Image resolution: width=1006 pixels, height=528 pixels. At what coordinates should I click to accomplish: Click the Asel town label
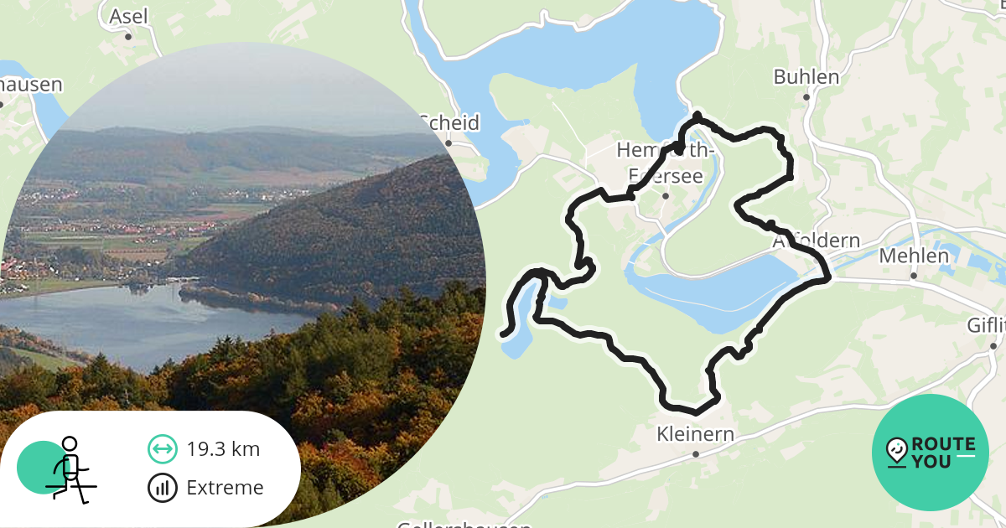[x=128, y=16]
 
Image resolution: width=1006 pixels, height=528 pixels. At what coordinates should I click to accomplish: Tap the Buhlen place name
[x=806, y=77]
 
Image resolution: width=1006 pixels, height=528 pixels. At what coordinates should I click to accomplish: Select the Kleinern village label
[x=696, y=434]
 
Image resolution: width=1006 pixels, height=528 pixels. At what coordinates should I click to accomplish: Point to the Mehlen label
[x=914, y=256]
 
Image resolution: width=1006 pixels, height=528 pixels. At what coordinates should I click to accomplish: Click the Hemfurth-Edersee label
[x=665, y=161]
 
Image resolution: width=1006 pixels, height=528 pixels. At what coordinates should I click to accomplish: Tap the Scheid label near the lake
[x=449, y=123]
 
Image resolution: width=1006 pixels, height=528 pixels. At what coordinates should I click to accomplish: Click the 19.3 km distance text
[x=223, y=449]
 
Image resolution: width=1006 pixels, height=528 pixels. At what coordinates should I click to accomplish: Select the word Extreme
[x=225, y=488]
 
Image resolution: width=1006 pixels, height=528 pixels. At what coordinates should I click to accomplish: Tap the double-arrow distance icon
[x=162, y=449]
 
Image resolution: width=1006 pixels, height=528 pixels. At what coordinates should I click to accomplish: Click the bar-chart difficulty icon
[x=162, y=487]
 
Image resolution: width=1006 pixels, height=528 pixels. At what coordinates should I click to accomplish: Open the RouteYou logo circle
[x=931, y=453]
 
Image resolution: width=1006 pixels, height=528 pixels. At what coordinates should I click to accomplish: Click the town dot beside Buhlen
[x=806, y=97]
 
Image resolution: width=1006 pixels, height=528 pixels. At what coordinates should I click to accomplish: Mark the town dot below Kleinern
[x=696, y=454]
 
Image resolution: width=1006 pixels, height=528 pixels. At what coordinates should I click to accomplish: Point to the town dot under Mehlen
[x=914, y=276]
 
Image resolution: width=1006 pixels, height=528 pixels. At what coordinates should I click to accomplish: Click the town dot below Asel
[x=128, y=37]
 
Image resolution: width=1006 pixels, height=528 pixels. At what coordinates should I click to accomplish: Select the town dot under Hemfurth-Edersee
[x=665, y=196]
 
